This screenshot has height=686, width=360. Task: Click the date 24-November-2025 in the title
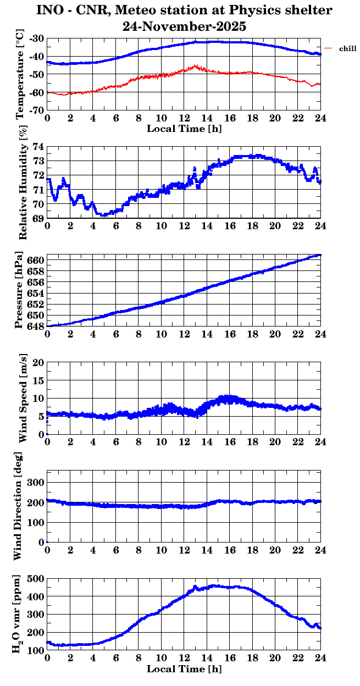185,26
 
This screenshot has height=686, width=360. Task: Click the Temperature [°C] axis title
20,75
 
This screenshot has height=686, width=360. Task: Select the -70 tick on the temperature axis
37,110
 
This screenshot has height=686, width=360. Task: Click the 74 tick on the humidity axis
40,147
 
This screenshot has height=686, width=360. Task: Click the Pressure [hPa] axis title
20,290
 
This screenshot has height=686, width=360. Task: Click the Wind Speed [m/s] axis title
23,399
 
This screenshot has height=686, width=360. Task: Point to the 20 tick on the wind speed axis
38,362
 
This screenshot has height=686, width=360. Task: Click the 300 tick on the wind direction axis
37,482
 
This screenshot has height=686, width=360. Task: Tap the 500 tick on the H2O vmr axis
37,578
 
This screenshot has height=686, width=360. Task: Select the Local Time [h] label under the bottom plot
184,670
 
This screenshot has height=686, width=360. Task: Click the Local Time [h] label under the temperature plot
184,129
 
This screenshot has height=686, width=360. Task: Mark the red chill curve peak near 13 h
195,66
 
